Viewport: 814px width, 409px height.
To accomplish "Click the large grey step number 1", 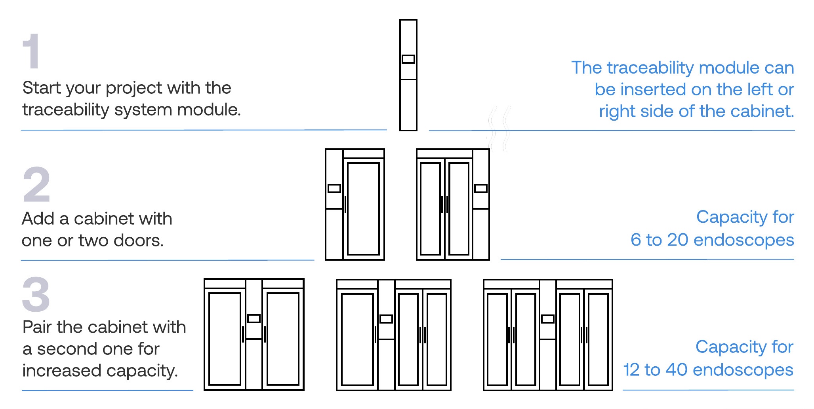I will [31, 51].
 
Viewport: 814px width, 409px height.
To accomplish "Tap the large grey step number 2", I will [36, 184].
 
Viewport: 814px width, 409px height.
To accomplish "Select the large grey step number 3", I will [36, 295].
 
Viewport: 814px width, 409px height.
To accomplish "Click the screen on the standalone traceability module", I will [408, 59].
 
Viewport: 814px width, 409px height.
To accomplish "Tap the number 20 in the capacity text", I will [677, 240].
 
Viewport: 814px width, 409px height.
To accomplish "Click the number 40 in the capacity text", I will [676, 370].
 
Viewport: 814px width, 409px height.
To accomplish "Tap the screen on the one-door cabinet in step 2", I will [334, 189].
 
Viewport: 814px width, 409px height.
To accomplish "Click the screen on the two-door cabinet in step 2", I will [481, 189].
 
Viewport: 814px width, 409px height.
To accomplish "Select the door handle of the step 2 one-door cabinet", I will [345, 204].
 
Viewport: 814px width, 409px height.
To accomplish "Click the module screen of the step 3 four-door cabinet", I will [547, 319].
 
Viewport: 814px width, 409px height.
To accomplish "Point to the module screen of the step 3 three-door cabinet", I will [386, 319].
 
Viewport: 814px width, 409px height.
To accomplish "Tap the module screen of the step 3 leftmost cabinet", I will [254, 318].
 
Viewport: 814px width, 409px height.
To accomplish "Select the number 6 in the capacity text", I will [635, 240].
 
